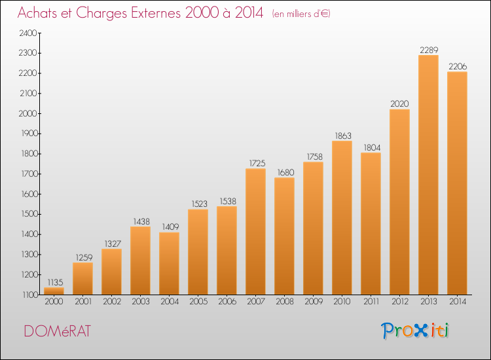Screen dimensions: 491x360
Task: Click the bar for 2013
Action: [x=428, y=175]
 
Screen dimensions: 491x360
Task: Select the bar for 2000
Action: [x=54, y=291]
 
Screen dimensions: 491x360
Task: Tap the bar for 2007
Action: [x=255, y=231]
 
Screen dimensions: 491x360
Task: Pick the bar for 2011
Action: [x=371, y=223]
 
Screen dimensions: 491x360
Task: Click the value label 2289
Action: [x=429, y=50]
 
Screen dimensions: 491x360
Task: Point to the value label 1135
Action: [x=55, y=282]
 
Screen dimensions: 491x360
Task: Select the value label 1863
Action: [x=343, y=135]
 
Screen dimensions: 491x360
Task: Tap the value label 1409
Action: [x=170, y=226]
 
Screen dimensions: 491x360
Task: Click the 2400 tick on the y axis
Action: [x=28, y=33]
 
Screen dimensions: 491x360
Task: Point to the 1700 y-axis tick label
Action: [x=29, y=173]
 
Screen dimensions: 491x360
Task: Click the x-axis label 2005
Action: [x=198, y=302]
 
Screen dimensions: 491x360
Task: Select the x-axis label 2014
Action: [x=458, y=302]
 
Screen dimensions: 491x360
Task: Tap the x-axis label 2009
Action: [x=314, y=302]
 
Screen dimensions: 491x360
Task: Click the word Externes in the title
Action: [x=156, y=12]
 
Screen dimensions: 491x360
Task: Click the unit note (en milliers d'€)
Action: [x=301, y=14]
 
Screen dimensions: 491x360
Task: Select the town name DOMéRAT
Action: [x=58, y=331]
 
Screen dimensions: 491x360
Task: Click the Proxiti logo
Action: [x=414, y=331]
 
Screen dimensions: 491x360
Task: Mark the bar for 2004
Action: [x=169, y=263]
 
